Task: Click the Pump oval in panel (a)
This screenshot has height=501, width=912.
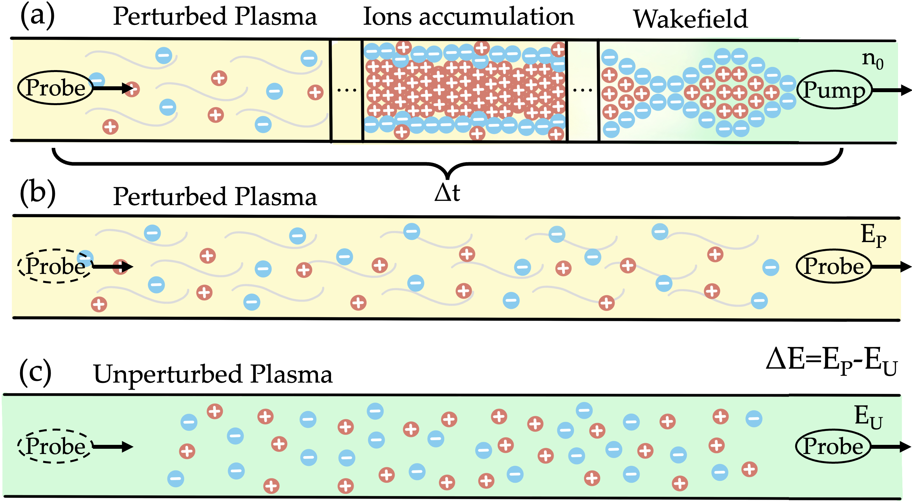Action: [x=834, y=90]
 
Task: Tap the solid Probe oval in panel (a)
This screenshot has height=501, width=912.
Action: [x=55, y=87]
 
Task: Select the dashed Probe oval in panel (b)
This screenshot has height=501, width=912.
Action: [x=55, y=266]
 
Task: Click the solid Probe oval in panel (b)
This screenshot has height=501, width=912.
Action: [x=833, y=266]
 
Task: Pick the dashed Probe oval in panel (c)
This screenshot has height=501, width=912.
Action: [x=55, y=446]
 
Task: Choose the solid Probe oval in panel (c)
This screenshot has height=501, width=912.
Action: [x=833, y=446]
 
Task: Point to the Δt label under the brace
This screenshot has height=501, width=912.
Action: [x=448, y=193]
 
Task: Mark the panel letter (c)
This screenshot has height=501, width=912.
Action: [x=35, y=372]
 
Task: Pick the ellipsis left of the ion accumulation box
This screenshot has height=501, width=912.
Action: [x=347, y=91]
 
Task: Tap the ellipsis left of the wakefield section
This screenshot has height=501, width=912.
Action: [x=582, y=91]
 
